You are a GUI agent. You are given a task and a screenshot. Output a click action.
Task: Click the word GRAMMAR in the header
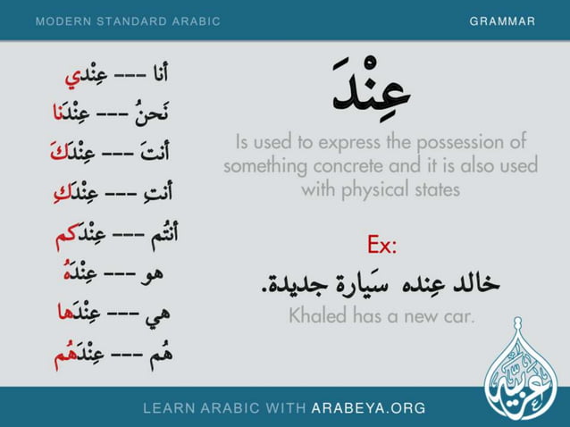pos(503,21)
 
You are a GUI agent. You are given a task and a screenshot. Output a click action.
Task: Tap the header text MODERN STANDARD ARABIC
pos(128,21)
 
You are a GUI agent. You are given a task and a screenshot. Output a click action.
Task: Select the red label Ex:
pos(381,244)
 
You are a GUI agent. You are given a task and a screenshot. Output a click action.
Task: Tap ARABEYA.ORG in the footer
pos(368,408)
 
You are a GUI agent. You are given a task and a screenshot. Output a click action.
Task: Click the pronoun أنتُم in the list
pos(160,236)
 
